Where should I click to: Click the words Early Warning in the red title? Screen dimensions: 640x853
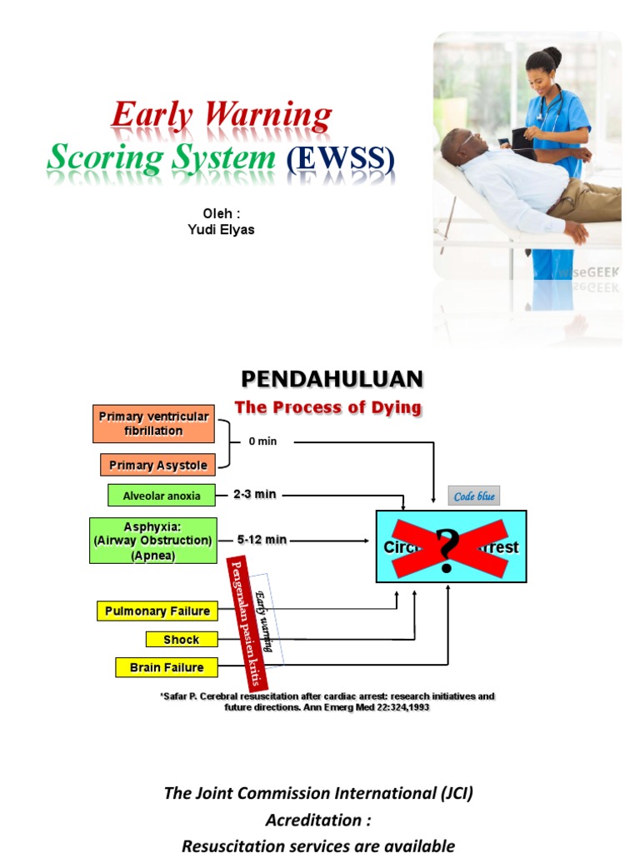[222, 116]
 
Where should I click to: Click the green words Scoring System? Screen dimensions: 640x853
[161, 157]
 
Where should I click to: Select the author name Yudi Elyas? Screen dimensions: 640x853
[221, 230]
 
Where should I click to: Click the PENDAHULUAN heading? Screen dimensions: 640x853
[332, 380]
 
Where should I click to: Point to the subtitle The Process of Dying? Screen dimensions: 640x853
[327, 407]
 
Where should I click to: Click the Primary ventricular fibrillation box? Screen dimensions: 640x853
[153, 423]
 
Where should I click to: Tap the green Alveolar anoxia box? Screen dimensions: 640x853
[162, 496]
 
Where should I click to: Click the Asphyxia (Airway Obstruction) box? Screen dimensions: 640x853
[153, 541]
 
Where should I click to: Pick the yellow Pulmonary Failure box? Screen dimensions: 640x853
[157, 611]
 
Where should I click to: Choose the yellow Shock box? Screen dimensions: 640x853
[182, 640]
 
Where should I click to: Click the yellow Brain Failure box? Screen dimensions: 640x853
[166, 667]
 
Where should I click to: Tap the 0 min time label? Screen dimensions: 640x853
[262, 441]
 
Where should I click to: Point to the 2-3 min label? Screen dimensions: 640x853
[254, 495]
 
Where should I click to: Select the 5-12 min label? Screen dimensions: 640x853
[262, 540]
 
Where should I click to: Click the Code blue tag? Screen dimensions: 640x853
[474, 496]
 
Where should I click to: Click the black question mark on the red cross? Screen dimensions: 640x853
[448, 549]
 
